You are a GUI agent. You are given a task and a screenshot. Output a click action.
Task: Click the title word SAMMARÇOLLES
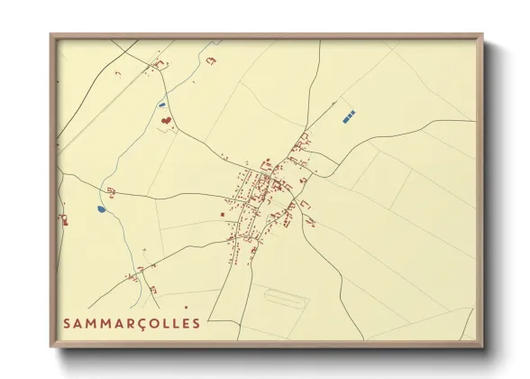point(132,323)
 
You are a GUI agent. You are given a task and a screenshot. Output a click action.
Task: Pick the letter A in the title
point(78,323)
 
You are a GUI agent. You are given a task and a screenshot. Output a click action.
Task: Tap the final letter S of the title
point(196,323)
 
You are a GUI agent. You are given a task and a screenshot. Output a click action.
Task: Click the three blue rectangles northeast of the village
point(349,115)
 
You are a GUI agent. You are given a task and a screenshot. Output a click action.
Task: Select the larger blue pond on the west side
point(102,209)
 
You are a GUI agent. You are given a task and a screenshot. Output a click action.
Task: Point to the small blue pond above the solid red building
point(162,103)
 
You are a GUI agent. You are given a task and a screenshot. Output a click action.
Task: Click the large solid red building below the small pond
point(165,118)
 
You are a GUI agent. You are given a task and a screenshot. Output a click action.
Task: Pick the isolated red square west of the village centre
point(222,214)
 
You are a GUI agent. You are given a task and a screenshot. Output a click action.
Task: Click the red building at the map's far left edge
point(64,217)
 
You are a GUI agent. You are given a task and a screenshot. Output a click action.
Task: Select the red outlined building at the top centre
point(212,60)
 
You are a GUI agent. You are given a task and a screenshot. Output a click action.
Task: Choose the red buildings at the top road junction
point(161,64)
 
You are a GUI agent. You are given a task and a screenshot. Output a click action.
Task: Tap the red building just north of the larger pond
point(111,190)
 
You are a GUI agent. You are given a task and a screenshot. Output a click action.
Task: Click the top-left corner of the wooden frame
point(51,36)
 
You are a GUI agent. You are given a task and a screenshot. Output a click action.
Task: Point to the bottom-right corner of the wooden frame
point(482,347)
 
